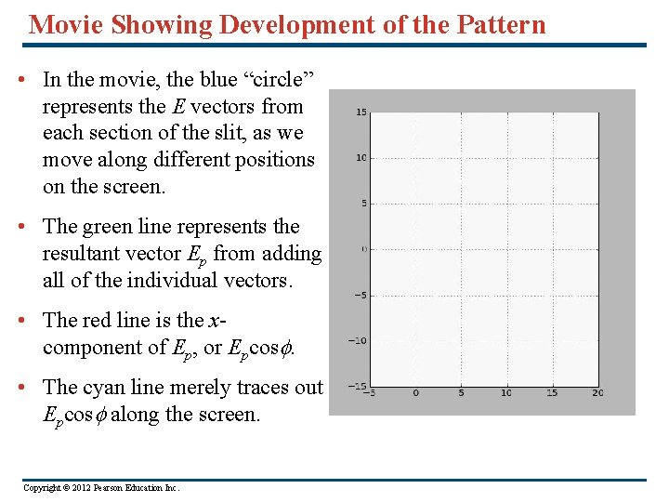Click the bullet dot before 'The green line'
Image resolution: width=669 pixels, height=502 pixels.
coord(21,227)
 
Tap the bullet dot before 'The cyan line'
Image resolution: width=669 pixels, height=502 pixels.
coord(21,388)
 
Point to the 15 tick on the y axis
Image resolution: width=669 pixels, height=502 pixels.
coord(361,112)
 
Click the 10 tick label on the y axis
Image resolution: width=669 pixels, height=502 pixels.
coord(361,158)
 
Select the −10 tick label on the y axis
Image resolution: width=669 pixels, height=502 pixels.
coord(358,341)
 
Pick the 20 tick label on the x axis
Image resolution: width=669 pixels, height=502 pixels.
coord(597,393)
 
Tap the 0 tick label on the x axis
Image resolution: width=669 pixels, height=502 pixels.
coord(415,393)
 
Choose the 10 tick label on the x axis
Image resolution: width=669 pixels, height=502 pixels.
coord(506,393)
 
